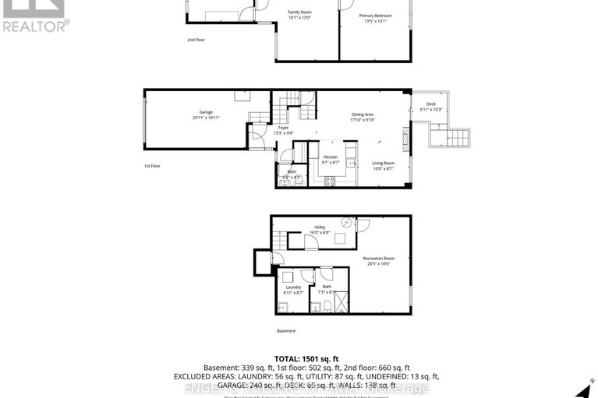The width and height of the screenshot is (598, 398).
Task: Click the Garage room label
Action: click(x=206, y=112)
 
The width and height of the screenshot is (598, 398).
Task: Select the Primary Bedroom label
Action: click(x=375, y=16)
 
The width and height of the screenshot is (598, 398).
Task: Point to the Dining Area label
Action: click(x=363, y=115)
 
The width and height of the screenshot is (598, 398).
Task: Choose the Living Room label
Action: click(x=383, y=163)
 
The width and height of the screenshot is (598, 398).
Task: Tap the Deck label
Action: click(x=430, y=104)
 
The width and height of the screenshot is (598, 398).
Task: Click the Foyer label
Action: click(x=283, y=128)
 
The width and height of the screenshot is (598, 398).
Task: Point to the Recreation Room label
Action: click(x=378, y=258)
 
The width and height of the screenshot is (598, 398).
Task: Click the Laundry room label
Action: click(x=293, y=287)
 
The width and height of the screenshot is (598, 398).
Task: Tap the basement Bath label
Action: click(x=327, y=287)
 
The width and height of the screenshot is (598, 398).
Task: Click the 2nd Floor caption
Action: click(x=195, y=39)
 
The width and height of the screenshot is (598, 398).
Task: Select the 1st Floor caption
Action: click(x=152, y=166)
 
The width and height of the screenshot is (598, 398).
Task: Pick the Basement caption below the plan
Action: click(x=286, y=331)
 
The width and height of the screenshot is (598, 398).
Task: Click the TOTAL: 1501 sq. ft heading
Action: click(x=299, y=358)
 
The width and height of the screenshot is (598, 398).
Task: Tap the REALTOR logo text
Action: click(x=35, y=24)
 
